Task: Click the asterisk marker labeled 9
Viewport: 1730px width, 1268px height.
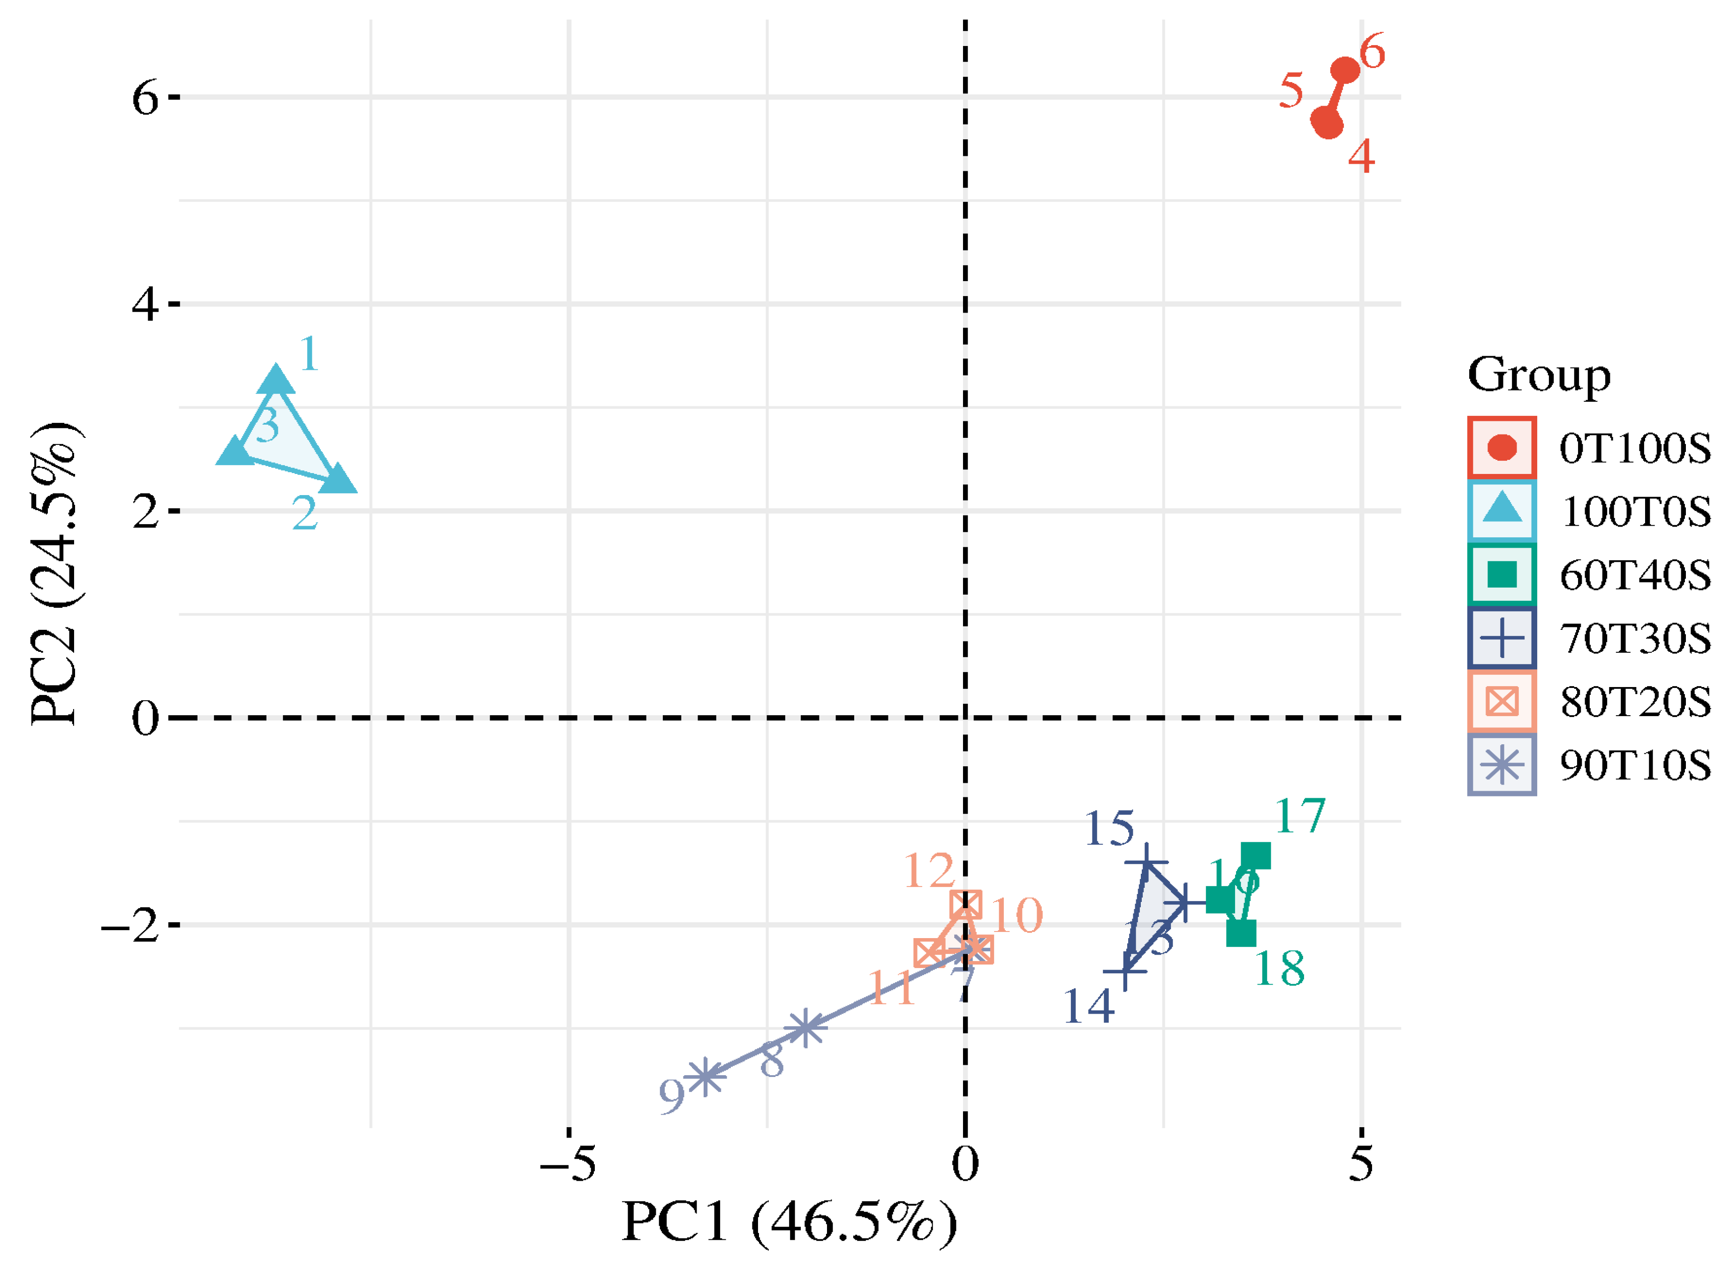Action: pyautogui.click(x=704, y=1076)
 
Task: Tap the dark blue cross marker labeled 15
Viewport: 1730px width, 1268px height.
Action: pyautogui.click(x=1146, y=863)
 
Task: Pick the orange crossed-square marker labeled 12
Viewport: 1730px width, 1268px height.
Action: pyautogui.click(x=965, y=905)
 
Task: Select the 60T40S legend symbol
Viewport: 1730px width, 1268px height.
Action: pyautogui.click(x=1502, y=574)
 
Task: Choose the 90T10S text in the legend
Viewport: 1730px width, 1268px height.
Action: pyautogui.click(x=1634, y=765)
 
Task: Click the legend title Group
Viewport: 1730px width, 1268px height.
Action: pyautogui.click(x=1538, y=375)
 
